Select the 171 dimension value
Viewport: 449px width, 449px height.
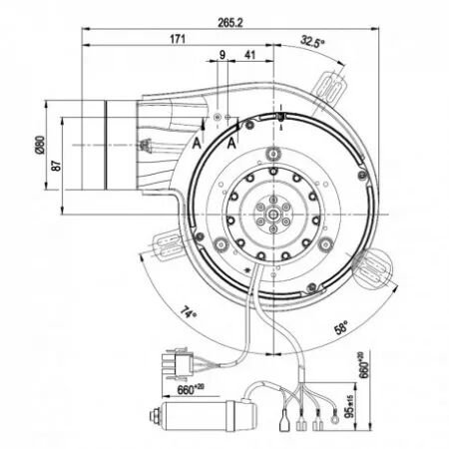tap(177, 38)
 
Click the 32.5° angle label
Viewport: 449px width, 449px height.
tap(312, 43)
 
